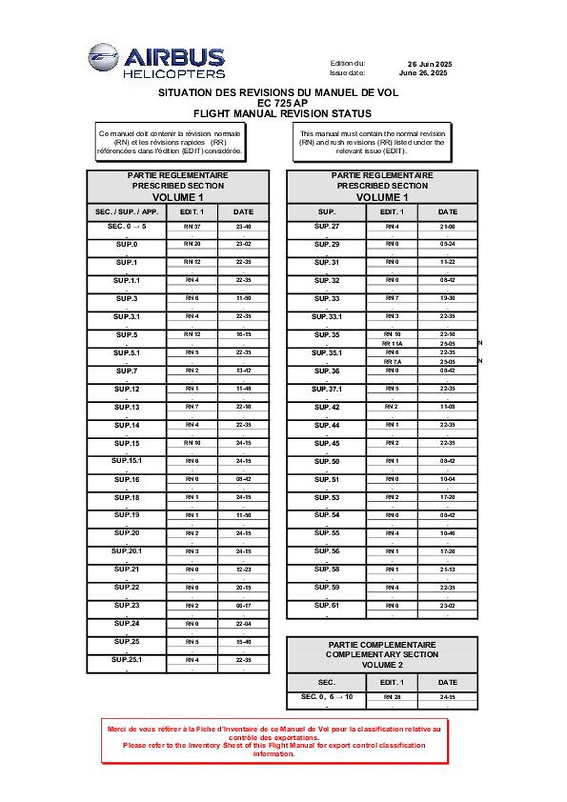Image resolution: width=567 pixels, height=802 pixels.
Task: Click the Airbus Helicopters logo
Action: (x=156, y=61)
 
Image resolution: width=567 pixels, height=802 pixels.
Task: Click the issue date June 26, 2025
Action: (x=423, y=73)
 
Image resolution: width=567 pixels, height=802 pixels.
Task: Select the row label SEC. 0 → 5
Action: (x=127, y=227)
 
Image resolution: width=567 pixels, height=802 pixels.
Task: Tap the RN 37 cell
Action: (x=193, y=227)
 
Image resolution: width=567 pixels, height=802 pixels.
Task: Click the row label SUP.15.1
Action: (x=127, y=461)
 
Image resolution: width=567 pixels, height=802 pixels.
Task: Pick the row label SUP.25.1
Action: (x=127, y=660)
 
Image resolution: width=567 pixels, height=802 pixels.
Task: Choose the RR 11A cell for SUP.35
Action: (x=392, y=343)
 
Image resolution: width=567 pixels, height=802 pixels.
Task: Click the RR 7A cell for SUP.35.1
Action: (x=392, y=362)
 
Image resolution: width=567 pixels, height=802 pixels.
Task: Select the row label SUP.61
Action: (x=327, y=606)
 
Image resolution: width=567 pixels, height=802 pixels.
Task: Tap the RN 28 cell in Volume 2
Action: (x=392, y=696)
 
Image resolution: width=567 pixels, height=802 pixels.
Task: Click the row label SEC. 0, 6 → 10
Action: (x=327, y=696)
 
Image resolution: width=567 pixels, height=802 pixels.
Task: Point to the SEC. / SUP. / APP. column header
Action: (x=127, y=212)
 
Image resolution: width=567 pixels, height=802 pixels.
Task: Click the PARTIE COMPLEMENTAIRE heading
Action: (x=382, y=644)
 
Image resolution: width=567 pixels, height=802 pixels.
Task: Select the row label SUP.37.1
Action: (x=327, y=389)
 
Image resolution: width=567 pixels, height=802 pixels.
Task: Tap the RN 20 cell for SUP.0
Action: (x=193, y=245)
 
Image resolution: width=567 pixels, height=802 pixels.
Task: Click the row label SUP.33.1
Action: (x=327, y=317)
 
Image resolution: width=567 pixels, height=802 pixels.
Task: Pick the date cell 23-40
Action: (x=243, y=227)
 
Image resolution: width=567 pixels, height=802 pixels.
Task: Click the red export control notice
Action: (x=274, y=741)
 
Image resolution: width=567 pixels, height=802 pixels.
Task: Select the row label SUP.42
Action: (x=327, y=407)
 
